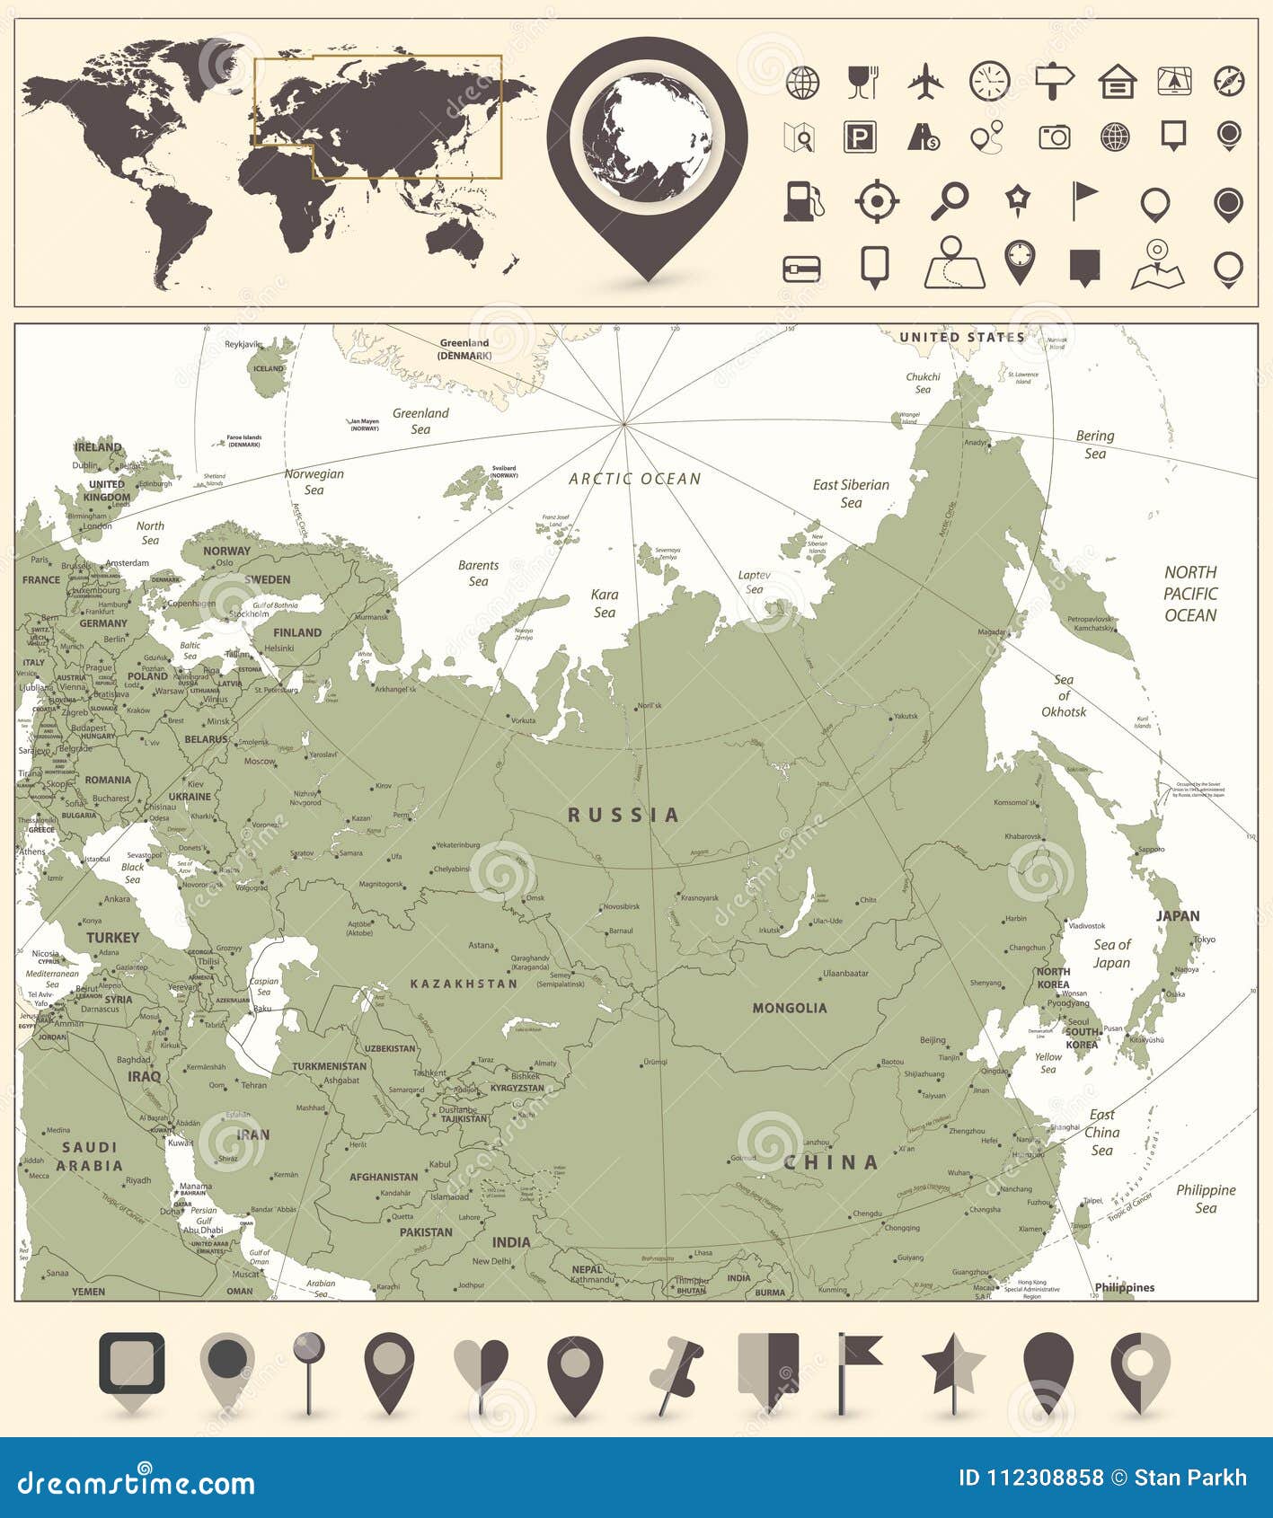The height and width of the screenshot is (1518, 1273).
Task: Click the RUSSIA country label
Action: coord(623,816)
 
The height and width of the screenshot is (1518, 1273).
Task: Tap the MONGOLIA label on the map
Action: coord(790,1008)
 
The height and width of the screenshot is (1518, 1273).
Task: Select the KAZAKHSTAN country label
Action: coord(464,984)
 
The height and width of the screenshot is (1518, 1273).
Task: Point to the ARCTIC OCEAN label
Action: coord(634,479)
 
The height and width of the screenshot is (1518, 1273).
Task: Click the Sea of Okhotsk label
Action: coord(1064,696)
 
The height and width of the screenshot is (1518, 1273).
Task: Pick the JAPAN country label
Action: coord(1177,916)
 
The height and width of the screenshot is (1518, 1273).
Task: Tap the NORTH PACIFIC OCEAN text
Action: coord(1190,594)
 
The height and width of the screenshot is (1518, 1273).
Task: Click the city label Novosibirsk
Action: coord(621,906)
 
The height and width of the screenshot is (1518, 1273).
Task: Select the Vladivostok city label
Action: coord(1086,925)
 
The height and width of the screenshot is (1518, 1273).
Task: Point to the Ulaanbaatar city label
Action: coord(846,973)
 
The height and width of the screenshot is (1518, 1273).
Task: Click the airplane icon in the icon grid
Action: coord(925,82)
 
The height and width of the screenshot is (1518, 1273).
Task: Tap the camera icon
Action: coord(1054,137)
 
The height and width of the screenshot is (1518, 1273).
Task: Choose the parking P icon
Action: coord(860,137)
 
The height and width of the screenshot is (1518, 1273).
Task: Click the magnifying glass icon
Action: coord(949,201)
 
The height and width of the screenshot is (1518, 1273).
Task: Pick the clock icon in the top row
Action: coord(989,82)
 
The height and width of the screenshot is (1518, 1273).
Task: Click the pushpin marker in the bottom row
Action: coord(676,1374)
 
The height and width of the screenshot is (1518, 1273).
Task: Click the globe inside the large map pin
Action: coord(647,140)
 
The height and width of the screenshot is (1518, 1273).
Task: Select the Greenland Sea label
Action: coord(420,421)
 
